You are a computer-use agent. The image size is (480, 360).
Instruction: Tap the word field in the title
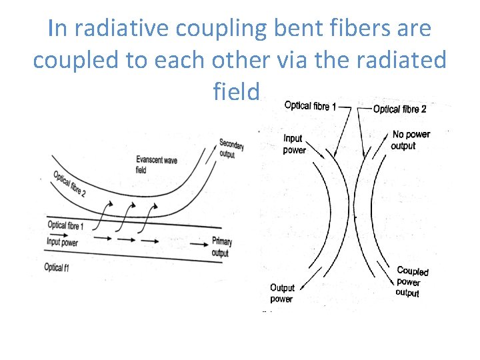pos(235,91)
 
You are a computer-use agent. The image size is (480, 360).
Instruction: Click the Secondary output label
pos(231,149)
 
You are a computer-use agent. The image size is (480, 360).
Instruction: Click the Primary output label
pos(221,247)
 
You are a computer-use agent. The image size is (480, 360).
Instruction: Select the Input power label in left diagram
pos(61,242)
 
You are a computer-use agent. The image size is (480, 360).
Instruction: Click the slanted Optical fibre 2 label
pos(69,185)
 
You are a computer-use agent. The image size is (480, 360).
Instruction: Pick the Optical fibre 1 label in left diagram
pos(69,227)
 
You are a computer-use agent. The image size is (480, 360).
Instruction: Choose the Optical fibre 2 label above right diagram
pos(399,109)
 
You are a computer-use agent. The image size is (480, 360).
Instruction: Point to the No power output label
pos(411,140)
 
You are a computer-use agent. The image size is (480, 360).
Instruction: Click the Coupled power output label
pos(411,281)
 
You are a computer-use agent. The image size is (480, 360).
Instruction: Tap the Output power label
pos(281,293)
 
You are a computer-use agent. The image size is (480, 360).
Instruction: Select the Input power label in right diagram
pos(294,144)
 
